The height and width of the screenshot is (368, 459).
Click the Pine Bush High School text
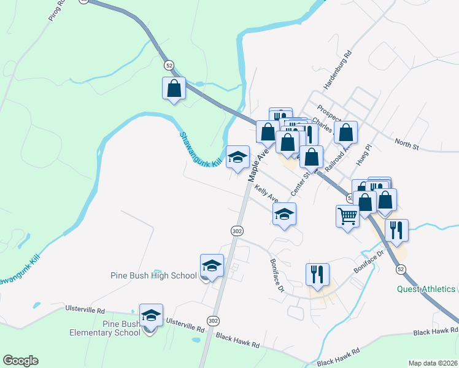tap(153, 275)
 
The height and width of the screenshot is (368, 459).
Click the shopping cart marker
tap(347, 217)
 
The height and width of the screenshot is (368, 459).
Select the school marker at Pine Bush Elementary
tap(151, 316)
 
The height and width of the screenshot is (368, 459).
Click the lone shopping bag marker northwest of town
tap(174, 88)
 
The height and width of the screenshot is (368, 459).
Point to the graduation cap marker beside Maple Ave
tap(237, 158)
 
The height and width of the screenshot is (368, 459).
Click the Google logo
tap(20, 361)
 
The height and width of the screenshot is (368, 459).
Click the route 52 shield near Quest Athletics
tap(401, 269)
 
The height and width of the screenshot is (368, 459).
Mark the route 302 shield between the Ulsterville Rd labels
tap(213, 321)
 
